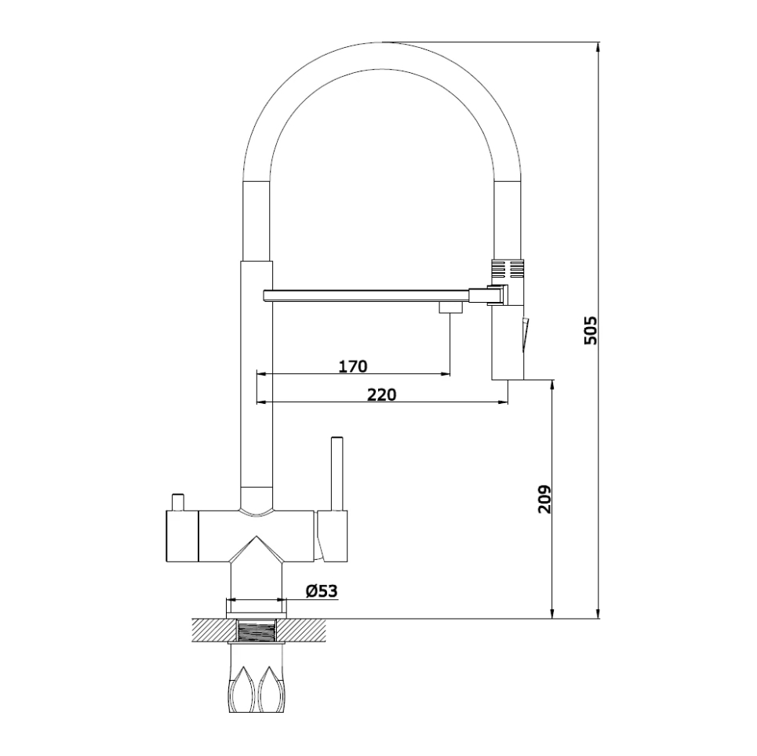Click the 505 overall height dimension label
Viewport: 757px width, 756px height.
590,330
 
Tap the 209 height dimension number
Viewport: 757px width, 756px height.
544,500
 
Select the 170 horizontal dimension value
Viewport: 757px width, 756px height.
352,366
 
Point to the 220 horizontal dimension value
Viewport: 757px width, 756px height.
381,394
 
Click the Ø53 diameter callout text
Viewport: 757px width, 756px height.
322,591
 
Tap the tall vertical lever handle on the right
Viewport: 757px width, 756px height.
337,474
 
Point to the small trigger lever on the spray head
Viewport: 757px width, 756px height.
525,333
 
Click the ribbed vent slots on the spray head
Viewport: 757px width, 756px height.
508,268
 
